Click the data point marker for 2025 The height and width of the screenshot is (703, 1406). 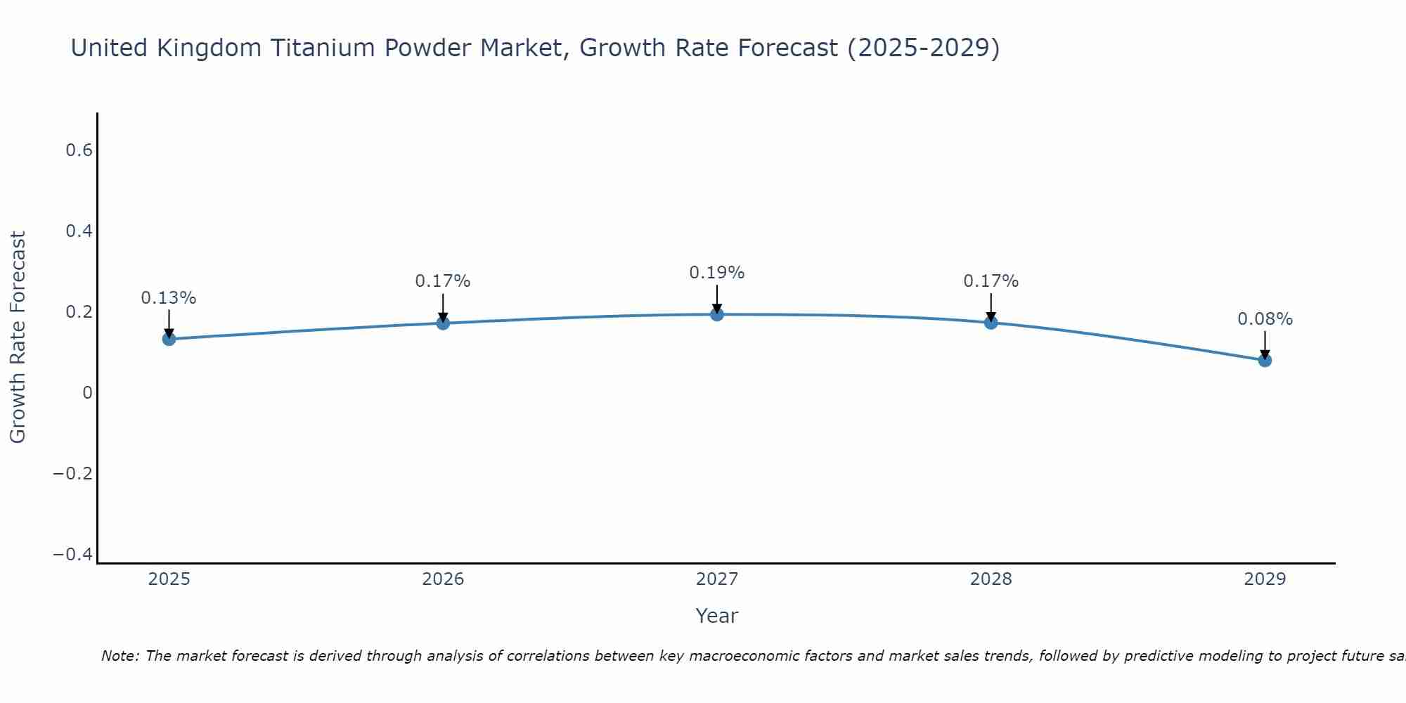(x=169, y=339)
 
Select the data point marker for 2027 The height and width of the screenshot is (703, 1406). (x=717, y=314)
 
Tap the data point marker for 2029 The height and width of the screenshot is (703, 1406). (x=1265, y=360)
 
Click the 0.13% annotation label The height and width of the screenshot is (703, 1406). (x=169, y=298)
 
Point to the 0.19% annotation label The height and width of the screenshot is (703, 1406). (x=717, y=273)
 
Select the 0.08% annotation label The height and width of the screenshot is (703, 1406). (x=1265, y=319)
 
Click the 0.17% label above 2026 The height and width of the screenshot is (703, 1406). (x=443, y=281)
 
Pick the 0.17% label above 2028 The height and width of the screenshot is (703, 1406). (x=991, y=281)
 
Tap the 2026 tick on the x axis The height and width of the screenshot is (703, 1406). (x=443, y=579)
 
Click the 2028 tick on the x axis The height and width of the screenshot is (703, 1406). (x=991, y=579)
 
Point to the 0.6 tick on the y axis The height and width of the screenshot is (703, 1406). (x=79, y=150)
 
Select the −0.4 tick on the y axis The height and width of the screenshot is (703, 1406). (x=73, y=555)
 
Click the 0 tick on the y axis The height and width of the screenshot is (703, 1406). (x=87, y=393)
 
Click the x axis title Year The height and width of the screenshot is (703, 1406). (x=716, y=616)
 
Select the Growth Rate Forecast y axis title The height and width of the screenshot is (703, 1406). (x=18, y=337)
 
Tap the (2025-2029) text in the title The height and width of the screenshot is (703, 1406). (x=923, y=48)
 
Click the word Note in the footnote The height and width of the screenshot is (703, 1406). (x=120, y=656)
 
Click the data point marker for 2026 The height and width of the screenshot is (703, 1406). (x=443, y=323)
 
